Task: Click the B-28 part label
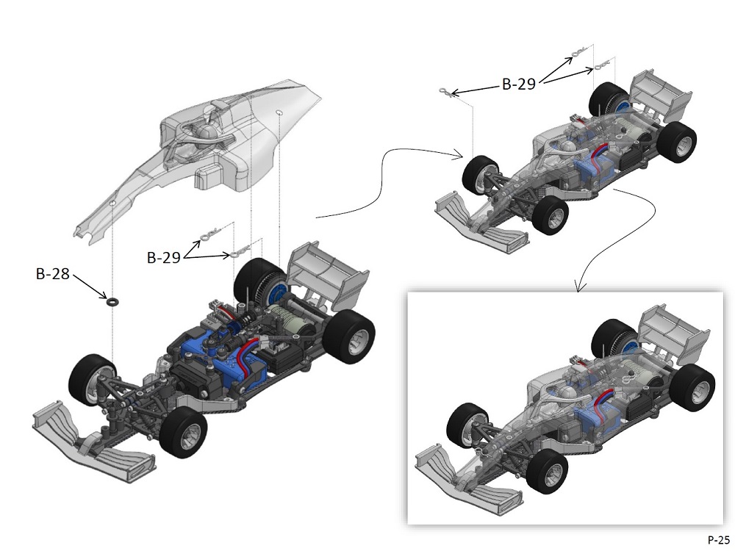click(x=53, y=275)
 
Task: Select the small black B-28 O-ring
click(x=112, y=300)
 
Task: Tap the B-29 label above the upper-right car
click(x=519, y=84)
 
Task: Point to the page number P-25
click(x=718, y=539)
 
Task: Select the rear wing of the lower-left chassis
click(x=329, y=272)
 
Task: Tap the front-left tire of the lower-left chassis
click(x=92, y=379)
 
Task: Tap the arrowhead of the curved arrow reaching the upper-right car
click(x=458, y=154)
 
